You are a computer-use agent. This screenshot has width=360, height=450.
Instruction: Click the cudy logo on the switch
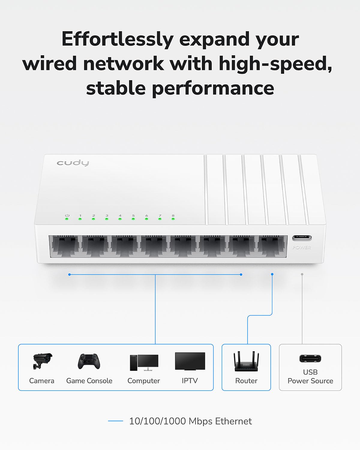click(73, 163)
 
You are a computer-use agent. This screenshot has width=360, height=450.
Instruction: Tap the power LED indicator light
click(67, 219)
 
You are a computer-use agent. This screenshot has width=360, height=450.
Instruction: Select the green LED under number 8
click(173, 219)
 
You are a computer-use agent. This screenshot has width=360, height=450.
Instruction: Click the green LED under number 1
click(80, 219)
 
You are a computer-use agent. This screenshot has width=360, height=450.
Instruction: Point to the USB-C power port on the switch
click(302, 238)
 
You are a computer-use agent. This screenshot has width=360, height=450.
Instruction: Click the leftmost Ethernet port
click(65, 246)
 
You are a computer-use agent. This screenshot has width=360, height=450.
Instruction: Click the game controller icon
click(89, 361)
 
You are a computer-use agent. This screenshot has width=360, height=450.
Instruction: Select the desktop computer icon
click(144, 362)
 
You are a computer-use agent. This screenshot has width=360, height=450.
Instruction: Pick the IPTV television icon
click(190, 361)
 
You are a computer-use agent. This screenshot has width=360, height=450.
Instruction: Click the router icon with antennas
click(246, 362)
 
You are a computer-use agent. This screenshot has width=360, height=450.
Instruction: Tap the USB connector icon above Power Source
click(310, 358)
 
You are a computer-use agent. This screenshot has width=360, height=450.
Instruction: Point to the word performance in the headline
click(213, 88)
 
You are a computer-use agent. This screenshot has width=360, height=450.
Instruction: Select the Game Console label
click(89, 381)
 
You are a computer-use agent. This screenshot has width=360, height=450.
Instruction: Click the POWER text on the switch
click(302, 247)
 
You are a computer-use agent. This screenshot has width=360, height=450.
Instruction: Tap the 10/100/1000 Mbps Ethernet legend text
click(190, 421)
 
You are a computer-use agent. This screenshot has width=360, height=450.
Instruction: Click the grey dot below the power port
click(302, 274)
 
